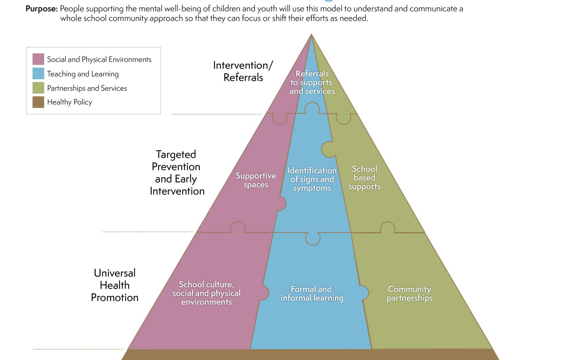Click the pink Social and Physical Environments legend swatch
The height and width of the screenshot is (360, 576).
(38, 59)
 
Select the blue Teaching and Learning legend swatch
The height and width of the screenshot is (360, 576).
(38, 73)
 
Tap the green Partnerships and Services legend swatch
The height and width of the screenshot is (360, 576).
(38, 88)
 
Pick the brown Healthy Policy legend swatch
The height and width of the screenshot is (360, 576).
(38, 102)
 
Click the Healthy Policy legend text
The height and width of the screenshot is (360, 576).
(70, 102)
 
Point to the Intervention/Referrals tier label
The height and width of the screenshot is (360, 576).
(243, 71)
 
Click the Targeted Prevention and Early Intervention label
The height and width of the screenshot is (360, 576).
(177, 172)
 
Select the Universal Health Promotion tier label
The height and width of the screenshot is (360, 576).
(115, 285)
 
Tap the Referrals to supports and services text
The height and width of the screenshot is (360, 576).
(312, 82)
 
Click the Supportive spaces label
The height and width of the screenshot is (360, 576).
(256, 180)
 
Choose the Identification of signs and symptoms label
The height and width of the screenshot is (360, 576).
(312, 179)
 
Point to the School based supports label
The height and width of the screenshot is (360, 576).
(364, 178)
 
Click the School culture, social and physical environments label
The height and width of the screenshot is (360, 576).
(207, 293)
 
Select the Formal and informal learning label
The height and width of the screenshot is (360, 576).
(312, 293)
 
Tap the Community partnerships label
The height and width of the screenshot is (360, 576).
(409, 293)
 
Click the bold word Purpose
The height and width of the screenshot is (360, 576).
(41, 9)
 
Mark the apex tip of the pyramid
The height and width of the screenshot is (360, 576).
(311, 34)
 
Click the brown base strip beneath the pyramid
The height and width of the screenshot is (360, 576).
(310, 355)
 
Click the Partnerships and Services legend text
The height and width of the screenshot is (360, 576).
(87, 88)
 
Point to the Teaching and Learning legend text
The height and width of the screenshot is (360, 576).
(83, 74)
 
